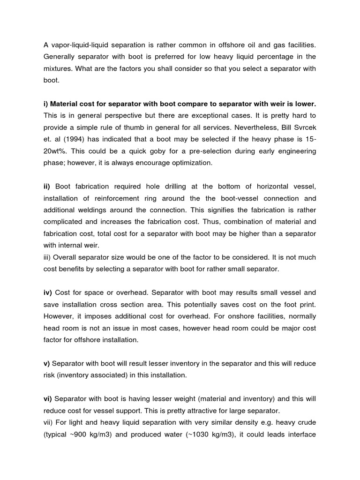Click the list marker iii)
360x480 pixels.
pos(48,257)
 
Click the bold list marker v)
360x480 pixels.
pos(47,363)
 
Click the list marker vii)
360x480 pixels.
pos(49,422)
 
